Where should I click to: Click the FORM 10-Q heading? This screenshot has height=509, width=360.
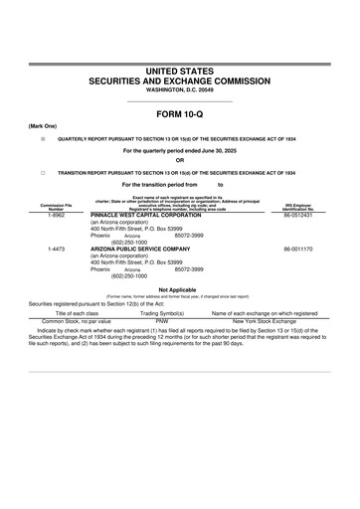point(180,114)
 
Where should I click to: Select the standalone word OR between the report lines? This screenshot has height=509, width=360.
point(180,160)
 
